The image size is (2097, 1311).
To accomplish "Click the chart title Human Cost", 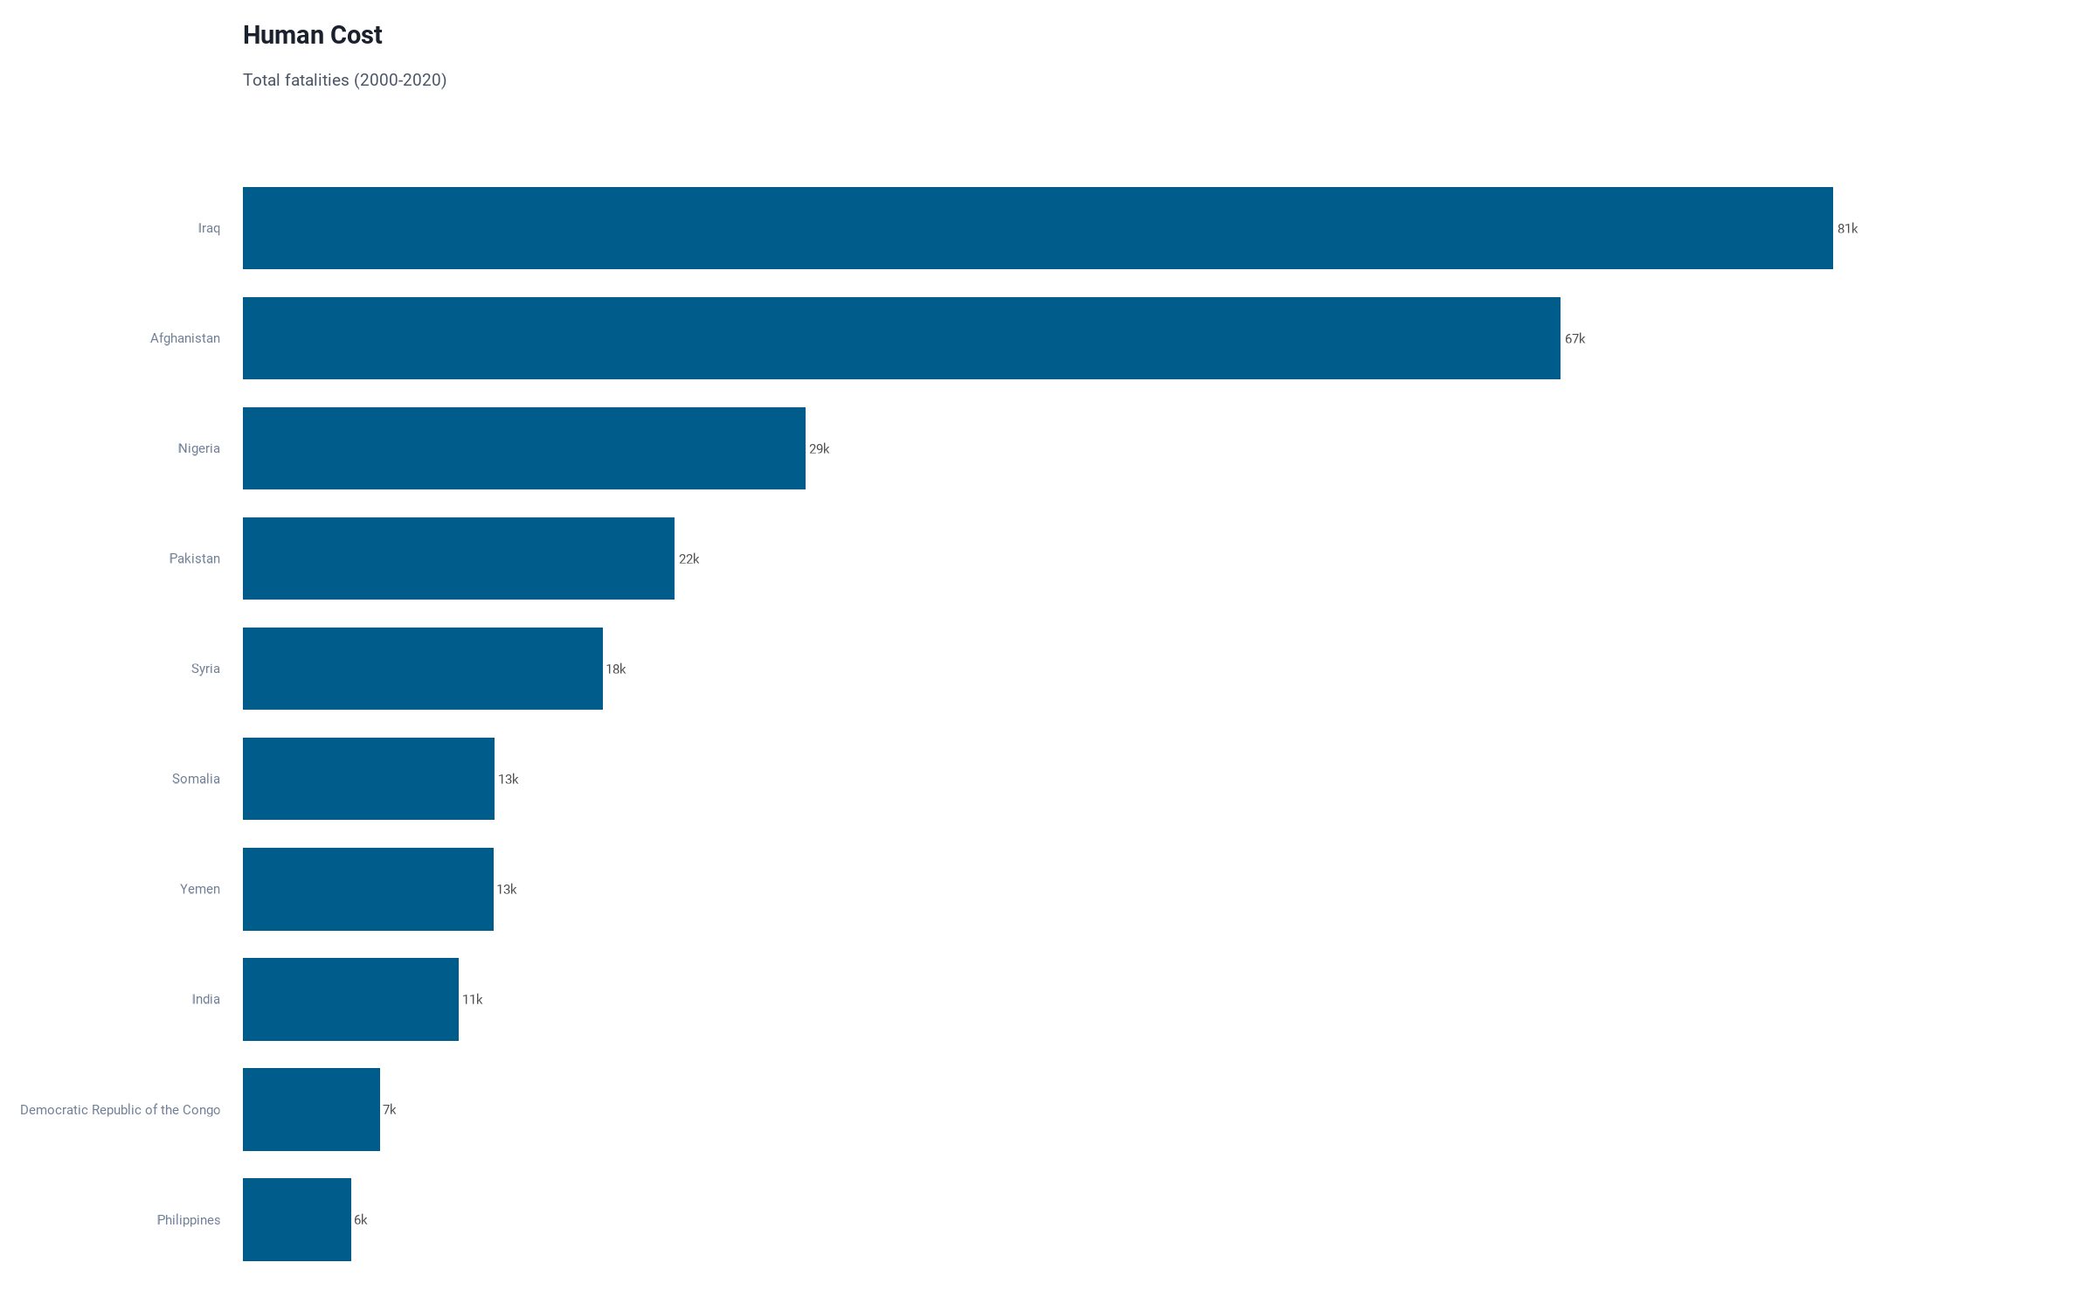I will (x=312, y=35).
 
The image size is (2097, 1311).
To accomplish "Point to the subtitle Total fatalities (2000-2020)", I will (x=344, y=80).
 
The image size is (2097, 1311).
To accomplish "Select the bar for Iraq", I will (x=1037, y=228).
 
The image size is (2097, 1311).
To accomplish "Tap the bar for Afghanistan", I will (x=901, y=338).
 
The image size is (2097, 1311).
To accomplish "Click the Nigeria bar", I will (x=523, y=448).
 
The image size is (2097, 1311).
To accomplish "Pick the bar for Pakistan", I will (x=458, y=558).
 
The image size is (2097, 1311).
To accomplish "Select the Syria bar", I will (x=422, y=669).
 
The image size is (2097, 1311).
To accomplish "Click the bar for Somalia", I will (x=368, y=779).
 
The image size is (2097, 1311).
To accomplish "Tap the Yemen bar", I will (x=368, y=889).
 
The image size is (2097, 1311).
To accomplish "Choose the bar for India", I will (x=350, y=999).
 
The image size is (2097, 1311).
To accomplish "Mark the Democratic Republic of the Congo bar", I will (x=311, y=1109).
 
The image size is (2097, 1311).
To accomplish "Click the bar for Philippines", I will (x=296, y=1219).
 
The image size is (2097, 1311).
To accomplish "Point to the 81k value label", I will (x=1847, y=229).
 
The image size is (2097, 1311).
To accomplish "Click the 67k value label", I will (x=1574, y=339).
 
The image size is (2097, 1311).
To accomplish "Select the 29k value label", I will (x=819, y=449).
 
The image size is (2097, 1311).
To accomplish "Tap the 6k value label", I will (x=360, y=1220).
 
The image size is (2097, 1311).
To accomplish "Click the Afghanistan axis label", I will (x=184, y=338).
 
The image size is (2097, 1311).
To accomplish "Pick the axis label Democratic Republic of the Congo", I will (x=120, y=1110).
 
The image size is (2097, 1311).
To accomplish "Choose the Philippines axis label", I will (x=188, y=1220).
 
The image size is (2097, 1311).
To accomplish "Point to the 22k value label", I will (x=689, y=559).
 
